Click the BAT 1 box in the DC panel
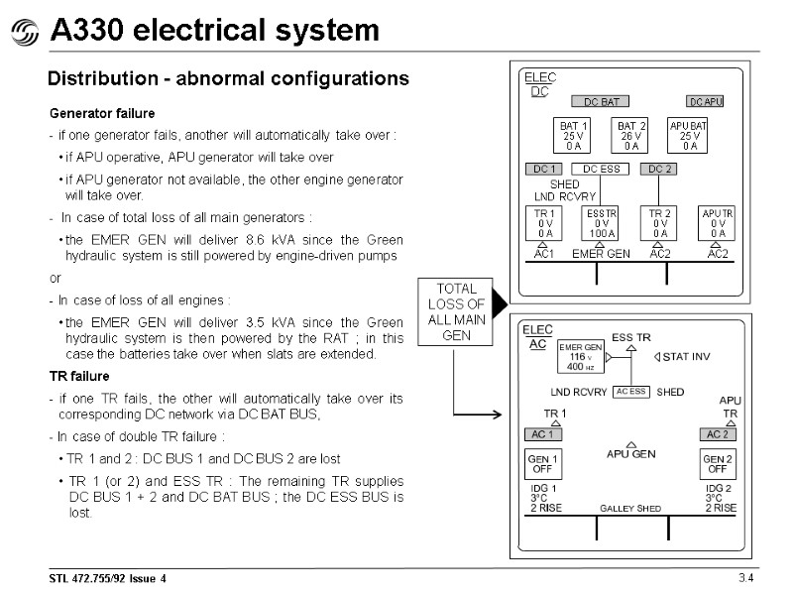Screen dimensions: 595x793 click(573, 136)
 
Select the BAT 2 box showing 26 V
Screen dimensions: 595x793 click(630, 136)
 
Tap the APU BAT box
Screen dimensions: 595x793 click(690, 136)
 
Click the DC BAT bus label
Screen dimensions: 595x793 click(601, 101)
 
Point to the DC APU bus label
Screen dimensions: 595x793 click(706, 101)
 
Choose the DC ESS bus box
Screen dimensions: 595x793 click(601, 170)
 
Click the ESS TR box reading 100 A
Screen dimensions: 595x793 click(601, 224)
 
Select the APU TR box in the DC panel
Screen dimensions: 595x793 click(718, 224)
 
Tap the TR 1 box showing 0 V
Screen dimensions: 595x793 click(543, 224)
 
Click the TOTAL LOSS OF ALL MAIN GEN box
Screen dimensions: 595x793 click(456, 311)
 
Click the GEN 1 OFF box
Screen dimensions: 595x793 click(542, 464)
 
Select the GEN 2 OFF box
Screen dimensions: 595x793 click(717, 464)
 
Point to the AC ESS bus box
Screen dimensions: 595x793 click(631, 392)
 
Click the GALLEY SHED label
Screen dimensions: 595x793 click(630, 509)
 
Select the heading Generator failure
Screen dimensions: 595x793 click(102, 114)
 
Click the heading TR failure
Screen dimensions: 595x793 click(79, 377)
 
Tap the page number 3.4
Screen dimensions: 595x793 click(745, 578)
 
